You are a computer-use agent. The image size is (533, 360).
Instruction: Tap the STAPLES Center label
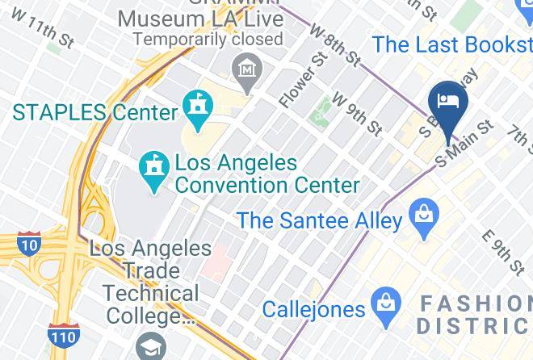[94, 112]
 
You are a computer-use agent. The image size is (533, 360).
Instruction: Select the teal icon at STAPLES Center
[198, 105]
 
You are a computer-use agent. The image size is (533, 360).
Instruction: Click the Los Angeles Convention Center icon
[152, 168]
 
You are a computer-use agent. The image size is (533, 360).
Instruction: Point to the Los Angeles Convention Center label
[266, 174]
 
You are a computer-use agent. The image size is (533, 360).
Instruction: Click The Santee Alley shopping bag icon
[422, 216]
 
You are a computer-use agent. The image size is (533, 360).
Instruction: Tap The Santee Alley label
[320, 220]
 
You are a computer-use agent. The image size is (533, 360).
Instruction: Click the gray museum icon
[245, 69]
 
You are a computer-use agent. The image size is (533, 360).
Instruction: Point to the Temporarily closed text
[208, 38]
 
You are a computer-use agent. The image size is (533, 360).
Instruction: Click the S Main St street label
[464, 144]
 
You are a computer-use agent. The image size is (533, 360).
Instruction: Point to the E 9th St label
[503, 252]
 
